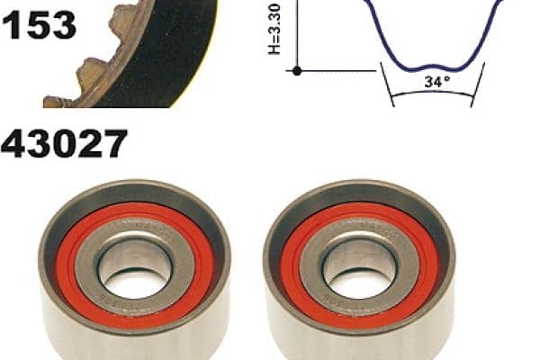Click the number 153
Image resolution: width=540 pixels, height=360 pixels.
39,25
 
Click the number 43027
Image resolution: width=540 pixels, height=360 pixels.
64,143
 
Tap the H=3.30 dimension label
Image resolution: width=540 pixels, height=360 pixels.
274,29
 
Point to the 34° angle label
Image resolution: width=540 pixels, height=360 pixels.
437,82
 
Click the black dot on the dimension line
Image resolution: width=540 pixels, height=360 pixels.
297,71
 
